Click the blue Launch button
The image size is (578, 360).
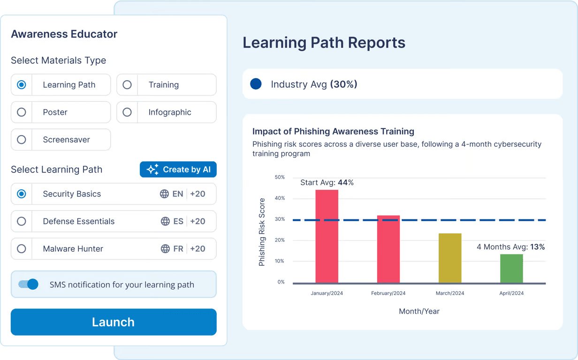(114, 322)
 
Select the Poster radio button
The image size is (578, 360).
(22, 112)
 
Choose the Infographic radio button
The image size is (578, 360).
(127, 112)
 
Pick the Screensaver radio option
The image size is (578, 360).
(22, 140)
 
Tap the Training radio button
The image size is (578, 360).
(127, 85)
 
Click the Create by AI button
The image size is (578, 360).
(178, 170)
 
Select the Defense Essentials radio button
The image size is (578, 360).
(22, 221)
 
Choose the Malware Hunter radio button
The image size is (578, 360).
(22, 249)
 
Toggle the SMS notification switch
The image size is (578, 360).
(28, 285)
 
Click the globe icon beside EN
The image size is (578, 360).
(164, 194)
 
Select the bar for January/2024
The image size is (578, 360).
(327, 236)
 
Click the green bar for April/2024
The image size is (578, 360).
(511, 269)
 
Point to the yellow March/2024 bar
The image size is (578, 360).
(450, 258)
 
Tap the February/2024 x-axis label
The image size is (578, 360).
(388, 293)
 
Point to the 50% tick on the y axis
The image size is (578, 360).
(279, 177)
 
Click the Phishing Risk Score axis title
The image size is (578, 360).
(262, 232)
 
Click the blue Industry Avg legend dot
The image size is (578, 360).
(256, 84)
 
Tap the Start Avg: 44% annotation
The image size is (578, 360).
(327, 183)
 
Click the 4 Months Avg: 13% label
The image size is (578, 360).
(510, 247)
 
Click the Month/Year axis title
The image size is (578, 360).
(419, 311)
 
